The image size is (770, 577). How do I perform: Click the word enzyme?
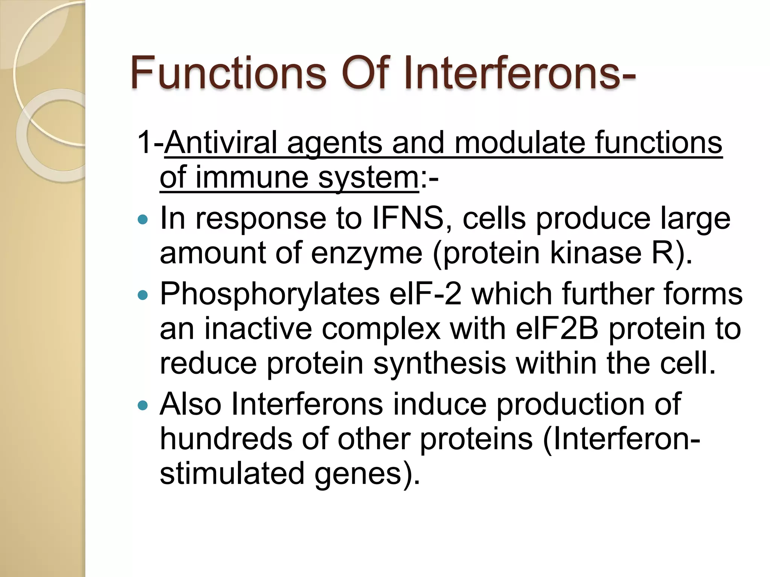tap(367, 253)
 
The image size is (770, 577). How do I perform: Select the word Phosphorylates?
tap(270, 294)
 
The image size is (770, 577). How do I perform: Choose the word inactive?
tap(258, 329)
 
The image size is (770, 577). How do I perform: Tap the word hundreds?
tap(226, 439)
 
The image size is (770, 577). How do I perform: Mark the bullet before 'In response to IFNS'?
tap(143, 220)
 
